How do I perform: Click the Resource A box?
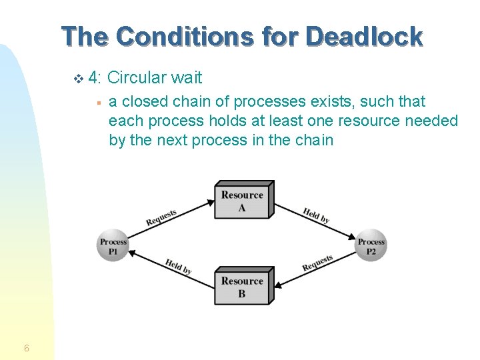(x=243, y=201)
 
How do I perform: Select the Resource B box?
(x=243, y=287)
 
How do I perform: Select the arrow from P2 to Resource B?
(x=313, y=270)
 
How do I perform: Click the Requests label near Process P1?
(x=161, y=217)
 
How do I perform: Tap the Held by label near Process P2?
(x=316, y=215)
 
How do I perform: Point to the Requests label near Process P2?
(x=317, y=263)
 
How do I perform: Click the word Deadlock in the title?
(x=364, y=36)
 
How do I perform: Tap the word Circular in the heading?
(x=136, y=78)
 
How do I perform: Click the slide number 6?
(x=26, y=348)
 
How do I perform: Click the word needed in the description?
(x=427, y=121)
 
